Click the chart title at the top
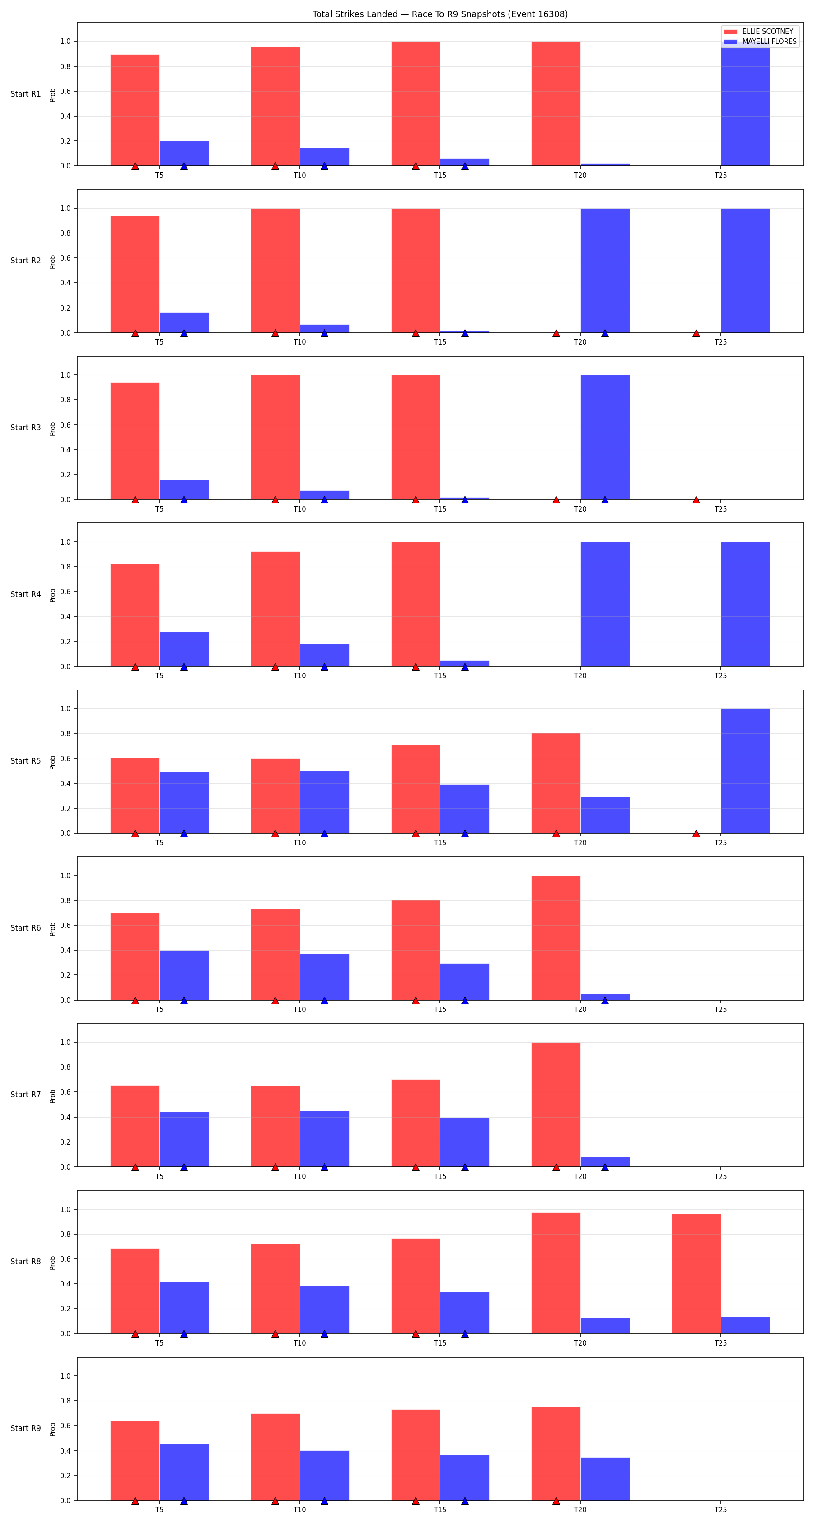pyautogui.click(x=439, y=14)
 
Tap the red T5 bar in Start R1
pyautogui.click(x=135, y=110)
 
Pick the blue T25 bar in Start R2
pyautogui.click(x=745, y=270)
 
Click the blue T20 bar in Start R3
pyautogui.click(x=605, y=437)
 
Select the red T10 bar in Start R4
pyautogui.click(x=275, y=609)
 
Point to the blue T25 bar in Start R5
pyautogui.click(x=745, y=771)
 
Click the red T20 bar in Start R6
pyautogui.click(x=556, y=938)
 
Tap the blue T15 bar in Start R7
pyautogui.click(x=464, y=1142)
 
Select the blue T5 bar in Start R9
pyautogui.click(x=184, y=1473)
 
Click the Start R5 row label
pyautogui.click(x=25, y=761)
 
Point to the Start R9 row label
pyautogui.click(x=25, y=1428)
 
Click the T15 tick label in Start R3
pyautogui.click(x=439, y=509)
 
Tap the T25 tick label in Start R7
pyautogui.click(x=720, y=1176)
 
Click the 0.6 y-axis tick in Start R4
pyautogui.click(x=65, y=592)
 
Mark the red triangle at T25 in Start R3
pyautogui.click(x=696, y=500)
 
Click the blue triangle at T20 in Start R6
pyautogui.click(x=605, y=1000)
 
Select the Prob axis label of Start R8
pyautogui.click(x=53, y=1263)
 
